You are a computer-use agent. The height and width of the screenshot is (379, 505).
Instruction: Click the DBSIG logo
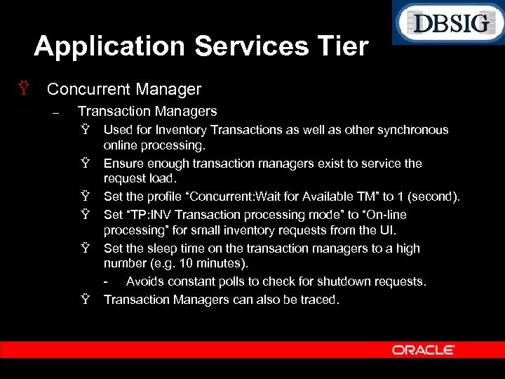click(448, 23)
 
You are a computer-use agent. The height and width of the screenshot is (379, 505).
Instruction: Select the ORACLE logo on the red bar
click(423, 350)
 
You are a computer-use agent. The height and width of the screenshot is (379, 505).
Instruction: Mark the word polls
click(242, 281)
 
